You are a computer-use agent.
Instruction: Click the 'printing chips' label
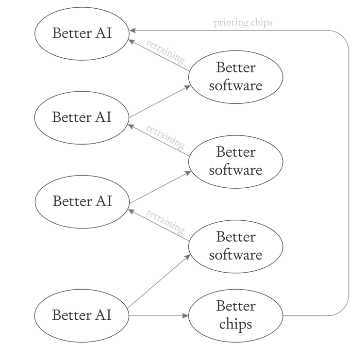tap(243, 23)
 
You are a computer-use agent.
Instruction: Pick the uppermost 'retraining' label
tap(165, 52)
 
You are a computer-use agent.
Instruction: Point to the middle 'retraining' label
tap(165, 137)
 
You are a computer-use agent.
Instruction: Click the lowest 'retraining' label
tap(165, 222)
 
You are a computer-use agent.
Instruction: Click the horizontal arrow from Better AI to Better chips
tap(159, 316)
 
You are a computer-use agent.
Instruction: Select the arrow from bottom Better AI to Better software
tap(159, 281)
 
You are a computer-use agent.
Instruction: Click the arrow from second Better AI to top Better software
tap(160, 101)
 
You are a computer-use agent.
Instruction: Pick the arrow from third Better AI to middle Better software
tap(160, 187)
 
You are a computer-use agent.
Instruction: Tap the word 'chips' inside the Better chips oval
tap(235, 324)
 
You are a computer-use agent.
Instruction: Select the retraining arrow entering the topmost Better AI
tap(159, 55)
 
